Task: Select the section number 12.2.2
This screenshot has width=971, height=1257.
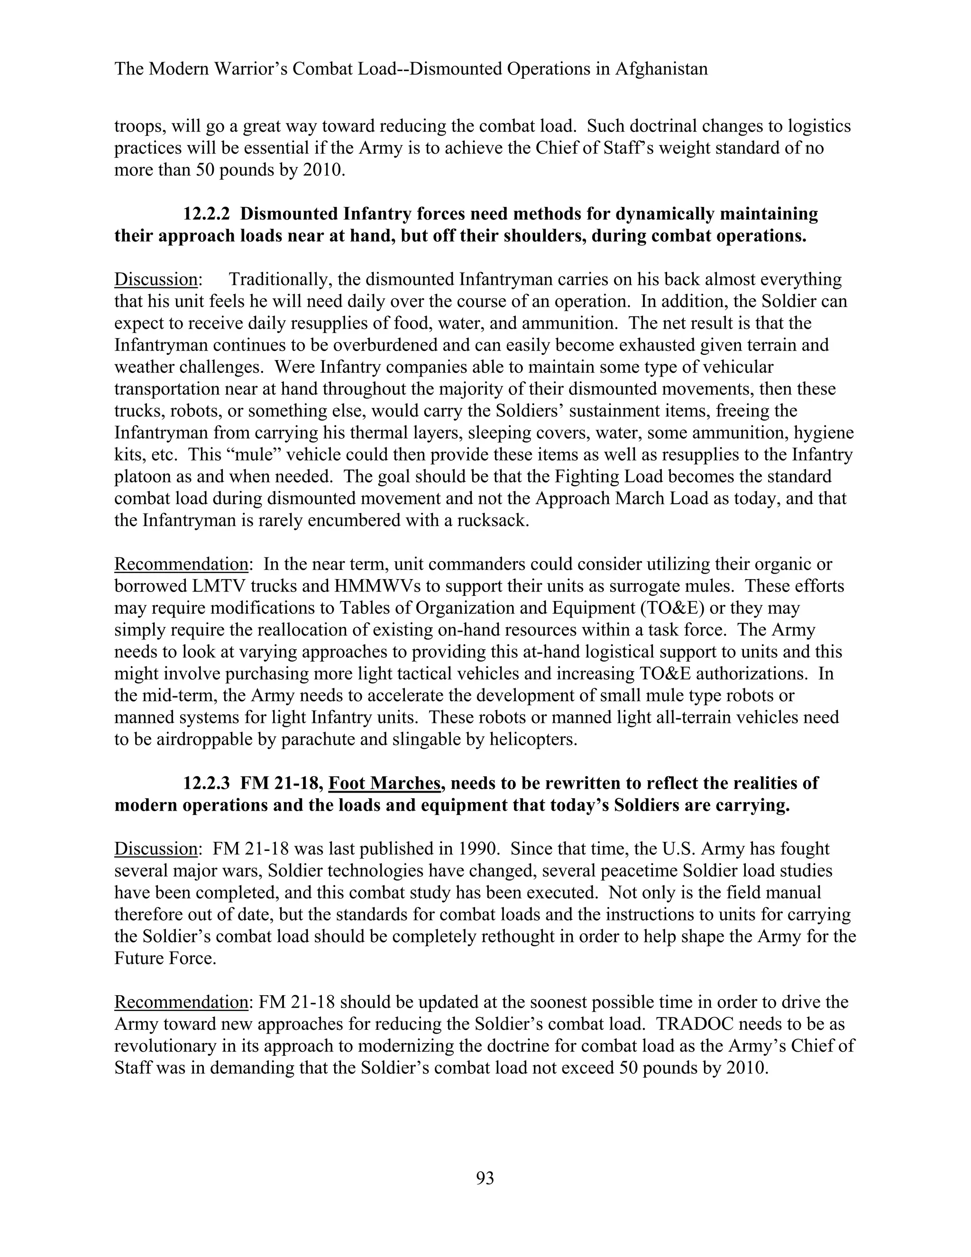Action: (x=207, y=214)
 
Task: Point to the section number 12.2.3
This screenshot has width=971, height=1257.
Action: (x=207, y=783)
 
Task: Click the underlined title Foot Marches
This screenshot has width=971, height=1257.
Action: (x=384, y=783)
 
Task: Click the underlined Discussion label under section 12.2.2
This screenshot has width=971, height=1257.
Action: (x=156, y=280)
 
